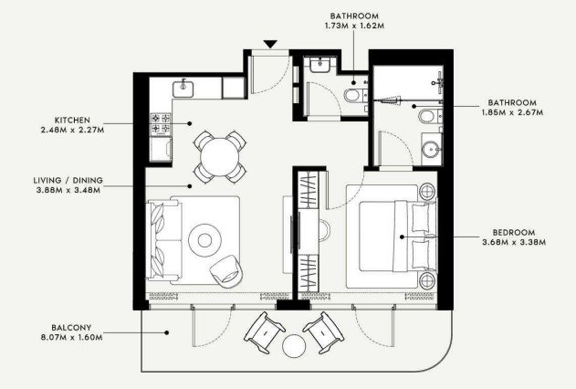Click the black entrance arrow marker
click(270, 44)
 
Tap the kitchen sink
click(183, 89)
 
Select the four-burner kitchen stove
click(161, 123)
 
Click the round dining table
click(220, 157)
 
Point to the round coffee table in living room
click(204, 240)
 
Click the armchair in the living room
click(227, 271)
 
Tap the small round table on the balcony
click(294, 346)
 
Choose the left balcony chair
click(265, 332)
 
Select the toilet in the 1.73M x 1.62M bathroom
click(353, 96)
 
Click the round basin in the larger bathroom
click(431, 149)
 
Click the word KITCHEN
click(72, 121)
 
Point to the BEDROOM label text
click(514, 233)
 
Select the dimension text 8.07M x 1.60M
click(72, 337)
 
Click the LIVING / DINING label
click(68, 181)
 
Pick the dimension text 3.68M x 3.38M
click(514, 242)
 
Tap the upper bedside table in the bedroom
click(427, 192)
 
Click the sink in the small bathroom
click(321, 65)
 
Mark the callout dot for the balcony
click(167, 332)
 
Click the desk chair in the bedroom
click(324, 230)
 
